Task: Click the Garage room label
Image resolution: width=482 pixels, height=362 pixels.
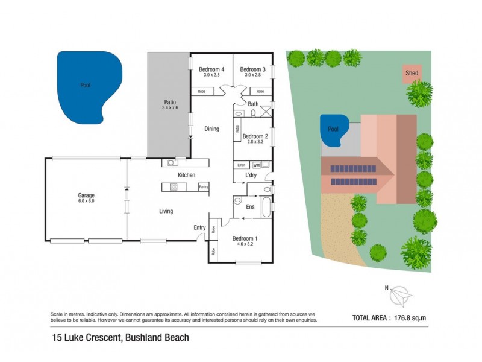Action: pos(86,195)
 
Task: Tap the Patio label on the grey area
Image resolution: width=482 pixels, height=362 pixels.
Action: pos(169,103)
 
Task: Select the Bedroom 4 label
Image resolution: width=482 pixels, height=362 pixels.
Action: pos(211,69)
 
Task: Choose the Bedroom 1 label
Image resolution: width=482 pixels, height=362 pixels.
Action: pos(245,238)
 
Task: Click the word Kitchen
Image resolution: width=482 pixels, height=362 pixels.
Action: pos(186,175)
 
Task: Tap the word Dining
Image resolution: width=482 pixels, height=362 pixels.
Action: pos(211,129)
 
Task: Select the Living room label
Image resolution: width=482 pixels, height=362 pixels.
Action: pos(166,211)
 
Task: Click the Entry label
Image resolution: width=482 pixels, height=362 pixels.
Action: pos(199,227)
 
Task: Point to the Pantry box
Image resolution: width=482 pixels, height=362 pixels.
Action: pos(203,187)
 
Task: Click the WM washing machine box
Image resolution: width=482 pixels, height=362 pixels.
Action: pos(256,164)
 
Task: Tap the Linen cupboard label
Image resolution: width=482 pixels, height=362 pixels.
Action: pos(241,164)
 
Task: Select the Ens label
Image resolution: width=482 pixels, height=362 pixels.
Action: pos(251,207)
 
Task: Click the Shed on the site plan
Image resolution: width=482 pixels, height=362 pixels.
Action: pos(412,73)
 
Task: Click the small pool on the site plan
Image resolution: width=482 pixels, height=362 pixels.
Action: pos(333,130)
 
